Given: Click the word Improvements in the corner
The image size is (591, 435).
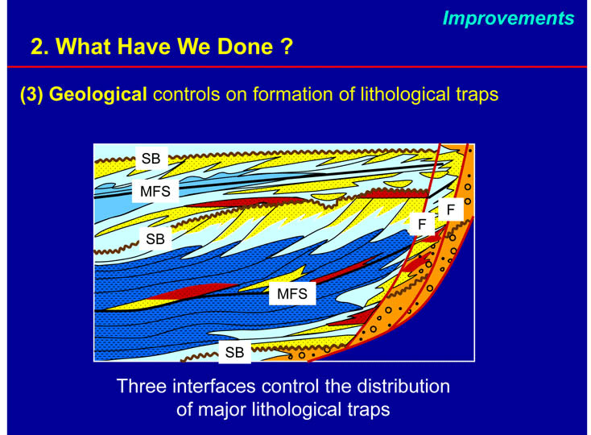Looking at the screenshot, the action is click(x=508, y=18).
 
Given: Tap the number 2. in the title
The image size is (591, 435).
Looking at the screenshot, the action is click(x=40, y=47).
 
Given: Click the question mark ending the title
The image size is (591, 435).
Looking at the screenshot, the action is click(x=287, y=47).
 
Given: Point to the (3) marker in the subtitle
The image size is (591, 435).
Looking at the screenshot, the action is click(x=31, y=94).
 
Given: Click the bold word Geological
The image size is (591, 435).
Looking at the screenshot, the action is click(x=98, y=94).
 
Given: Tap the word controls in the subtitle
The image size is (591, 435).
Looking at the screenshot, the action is click(x=186, y=94).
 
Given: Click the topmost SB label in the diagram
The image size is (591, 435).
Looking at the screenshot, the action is click(x=151, y=159).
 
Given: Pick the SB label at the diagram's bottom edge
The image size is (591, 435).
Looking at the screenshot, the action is click(x=235, y=352).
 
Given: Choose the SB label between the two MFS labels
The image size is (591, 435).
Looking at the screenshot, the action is click(x=155, y=238).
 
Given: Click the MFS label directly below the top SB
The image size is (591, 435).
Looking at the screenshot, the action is click(x=155, y=191).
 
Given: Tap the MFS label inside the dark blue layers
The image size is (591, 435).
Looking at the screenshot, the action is click(x=292, y=293).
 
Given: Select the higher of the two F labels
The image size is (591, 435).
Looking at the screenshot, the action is click(x=450, y=209).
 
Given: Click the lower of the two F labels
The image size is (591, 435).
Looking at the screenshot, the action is click(x=422, y=224).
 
